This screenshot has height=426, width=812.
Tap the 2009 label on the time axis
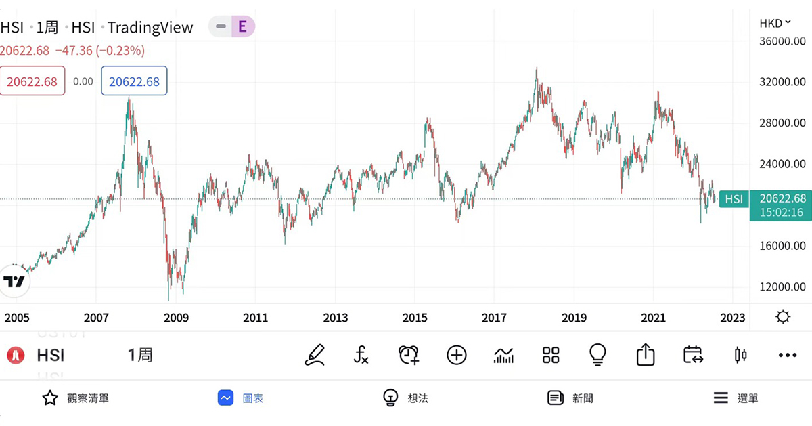pos(176,318)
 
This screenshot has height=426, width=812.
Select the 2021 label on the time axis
pos(653,318)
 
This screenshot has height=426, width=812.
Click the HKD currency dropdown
pos(775,23)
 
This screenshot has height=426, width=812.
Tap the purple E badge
pos(242,27)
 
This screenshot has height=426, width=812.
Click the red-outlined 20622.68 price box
pos(32,81)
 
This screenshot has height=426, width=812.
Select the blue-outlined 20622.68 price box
pos(134,81)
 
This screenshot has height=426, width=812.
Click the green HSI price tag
pos(734,198)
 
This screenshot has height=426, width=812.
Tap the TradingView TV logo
pos(14,281)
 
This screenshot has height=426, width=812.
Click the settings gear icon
pos(783,317)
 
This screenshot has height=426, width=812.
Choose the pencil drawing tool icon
pos(315,355)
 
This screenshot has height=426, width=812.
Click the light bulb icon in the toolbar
pos(597,355)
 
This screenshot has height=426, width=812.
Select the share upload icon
pos(646,355)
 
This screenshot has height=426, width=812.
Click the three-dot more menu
pos(788,355)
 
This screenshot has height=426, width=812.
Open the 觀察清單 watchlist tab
pos(76,398)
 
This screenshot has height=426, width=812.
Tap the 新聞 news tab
pos(572,398)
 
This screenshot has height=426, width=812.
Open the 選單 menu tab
pos(736,398)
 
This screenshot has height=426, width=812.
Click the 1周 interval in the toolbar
pos(140,355)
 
